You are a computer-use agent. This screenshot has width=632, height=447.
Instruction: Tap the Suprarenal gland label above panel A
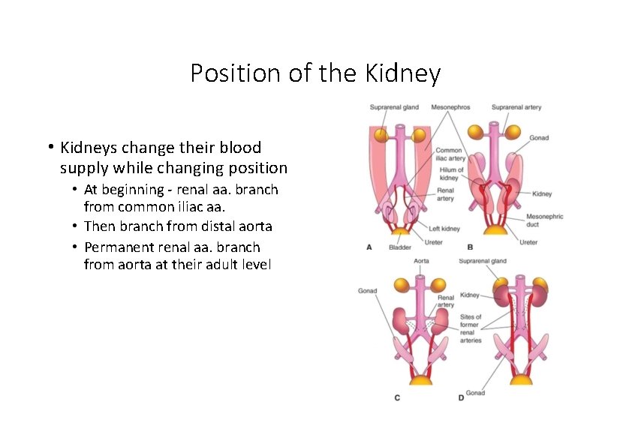(394, 107)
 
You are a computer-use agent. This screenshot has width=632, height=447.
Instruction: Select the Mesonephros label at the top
(450, 107)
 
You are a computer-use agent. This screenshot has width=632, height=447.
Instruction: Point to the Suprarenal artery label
(516, 107)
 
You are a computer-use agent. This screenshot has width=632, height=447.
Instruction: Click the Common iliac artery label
(450, 154)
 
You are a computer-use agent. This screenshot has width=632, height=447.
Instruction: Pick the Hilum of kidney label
(449, 174)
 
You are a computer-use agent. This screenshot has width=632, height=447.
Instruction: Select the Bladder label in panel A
(399, 247)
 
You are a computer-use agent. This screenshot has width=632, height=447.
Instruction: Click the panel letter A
(369, 247)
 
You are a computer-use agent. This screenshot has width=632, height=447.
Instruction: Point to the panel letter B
(470, 247)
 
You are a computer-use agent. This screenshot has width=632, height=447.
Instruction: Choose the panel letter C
(397, 397)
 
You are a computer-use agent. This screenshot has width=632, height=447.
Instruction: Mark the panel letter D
(461, 397)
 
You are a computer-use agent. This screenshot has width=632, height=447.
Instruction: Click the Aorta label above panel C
(422, 261)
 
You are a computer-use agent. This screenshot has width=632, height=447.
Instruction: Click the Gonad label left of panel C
(367, 291)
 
